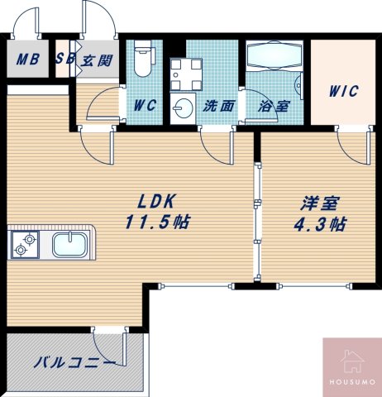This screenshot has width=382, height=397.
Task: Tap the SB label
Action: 64,60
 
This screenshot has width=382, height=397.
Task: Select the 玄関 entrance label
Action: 97,60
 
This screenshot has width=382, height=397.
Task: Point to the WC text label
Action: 147,106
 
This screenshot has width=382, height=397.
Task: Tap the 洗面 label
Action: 218,106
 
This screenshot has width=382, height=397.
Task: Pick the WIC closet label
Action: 342,91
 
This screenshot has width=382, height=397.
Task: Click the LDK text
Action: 155,201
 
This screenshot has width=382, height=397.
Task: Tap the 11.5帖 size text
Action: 155,222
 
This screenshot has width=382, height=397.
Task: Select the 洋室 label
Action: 317,203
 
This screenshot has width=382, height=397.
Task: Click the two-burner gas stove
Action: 25,245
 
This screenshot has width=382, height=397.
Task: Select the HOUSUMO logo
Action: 351,366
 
